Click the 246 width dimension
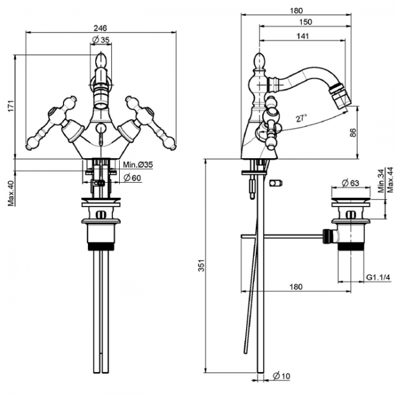100,28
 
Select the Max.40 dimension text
11,193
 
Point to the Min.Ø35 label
138,165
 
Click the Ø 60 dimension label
133,178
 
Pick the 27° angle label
302,118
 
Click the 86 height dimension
353,133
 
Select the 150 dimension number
305,22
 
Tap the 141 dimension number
303,36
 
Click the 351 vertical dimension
202,265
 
